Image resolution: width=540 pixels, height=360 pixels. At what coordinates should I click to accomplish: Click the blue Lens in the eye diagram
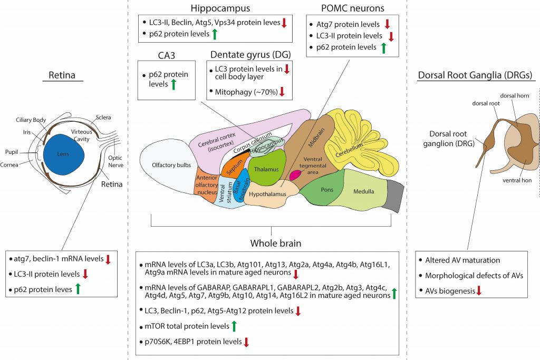(x=64, y=154)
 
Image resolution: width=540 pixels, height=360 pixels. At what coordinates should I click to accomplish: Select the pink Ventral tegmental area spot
(x=295, y=175)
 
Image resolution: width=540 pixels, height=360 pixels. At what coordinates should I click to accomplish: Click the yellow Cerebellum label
(x=349, y=150)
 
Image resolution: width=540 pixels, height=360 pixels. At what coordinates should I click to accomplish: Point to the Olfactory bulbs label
(x=171, y=165)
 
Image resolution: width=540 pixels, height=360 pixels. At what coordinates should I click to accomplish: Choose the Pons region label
(x=327, y=190)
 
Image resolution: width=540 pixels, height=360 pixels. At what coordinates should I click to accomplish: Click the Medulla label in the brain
(x=363, y=191)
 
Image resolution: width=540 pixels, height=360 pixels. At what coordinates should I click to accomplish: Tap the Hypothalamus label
(x=267, y=194)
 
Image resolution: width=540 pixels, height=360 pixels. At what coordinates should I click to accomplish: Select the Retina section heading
(x=62, y=75)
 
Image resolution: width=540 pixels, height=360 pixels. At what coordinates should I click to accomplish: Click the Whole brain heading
(x=275, y=244)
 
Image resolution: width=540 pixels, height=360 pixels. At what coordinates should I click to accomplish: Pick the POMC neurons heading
(x=353, y=8)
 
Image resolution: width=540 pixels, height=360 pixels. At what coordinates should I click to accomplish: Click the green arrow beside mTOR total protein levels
(x=234, y=326)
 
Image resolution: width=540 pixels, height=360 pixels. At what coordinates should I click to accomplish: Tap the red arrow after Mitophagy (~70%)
(x=282, y=92)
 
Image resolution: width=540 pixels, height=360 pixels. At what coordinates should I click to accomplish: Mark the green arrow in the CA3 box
(x=173, y=84)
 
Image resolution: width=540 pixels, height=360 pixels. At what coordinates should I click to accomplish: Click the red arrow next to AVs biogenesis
(x=479, y=291)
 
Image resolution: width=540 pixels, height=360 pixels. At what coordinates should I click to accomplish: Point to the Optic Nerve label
(x=115, y=161)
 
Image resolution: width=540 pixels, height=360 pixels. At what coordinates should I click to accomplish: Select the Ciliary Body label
(x=31, y=120)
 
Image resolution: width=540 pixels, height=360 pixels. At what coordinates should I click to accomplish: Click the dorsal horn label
(x=515, y=96)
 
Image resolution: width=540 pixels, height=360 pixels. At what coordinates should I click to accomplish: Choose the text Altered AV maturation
(x=462, y=260)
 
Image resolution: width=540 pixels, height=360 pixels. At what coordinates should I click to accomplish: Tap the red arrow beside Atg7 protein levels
(x=387, y=24)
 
